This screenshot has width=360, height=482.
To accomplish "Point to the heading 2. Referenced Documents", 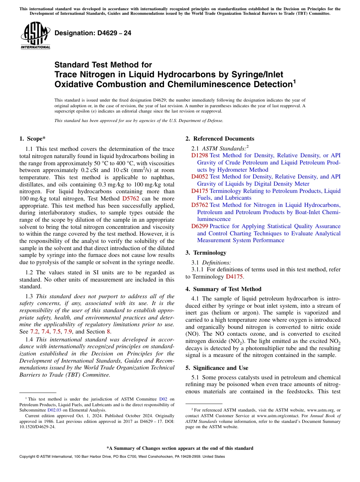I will tap(220, 139).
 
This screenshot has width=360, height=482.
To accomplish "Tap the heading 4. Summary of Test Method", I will tap(223, 289).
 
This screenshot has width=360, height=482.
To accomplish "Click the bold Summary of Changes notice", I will tap(180, 448).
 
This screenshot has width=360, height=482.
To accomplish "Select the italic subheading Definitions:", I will tap(216, 262).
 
